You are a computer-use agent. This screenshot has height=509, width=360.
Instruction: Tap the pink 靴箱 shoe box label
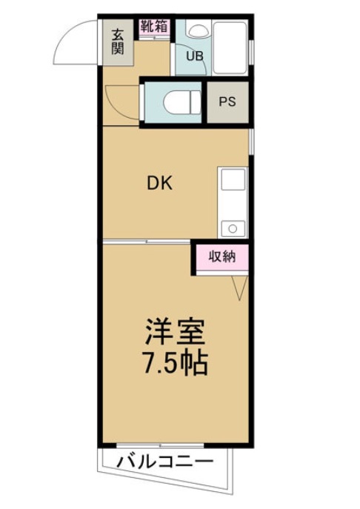pos(153,25)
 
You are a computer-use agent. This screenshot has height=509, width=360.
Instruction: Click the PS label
pos(227,102)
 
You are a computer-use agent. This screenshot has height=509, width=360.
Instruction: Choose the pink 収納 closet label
pos(221,257)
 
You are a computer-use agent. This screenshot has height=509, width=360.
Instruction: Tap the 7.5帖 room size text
pos(175,363)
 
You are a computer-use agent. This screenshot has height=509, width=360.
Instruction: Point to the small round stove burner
pos(232,227)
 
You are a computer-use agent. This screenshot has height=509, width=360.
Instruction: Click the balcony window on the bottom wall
pos(159,446)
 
